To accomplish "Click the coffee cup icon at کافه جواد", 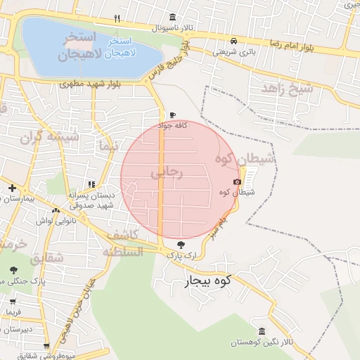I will (x=173, y=115).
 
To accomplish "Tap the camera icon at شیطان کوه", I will (x=236, y=182).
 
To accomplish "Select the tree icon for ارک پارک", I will (x=182, y=245).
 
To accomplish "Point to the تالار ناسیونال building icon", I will (x=173, y=18).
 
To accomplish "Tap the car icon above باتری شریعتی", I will (x=233, y=41).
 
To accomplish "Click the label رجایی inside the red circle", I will (x=166, y=172).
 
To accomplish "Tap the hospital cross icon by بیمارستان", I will (x=12, y=188).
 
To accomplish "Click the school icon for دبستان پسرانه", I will (x=92, y=184).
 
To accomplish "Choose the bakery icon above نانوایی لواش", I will (x=56, y=210).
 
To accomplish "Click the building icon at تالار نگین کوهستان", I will (x=262, y=331).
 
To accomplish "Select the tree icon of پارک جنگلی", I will (x=13, y=269).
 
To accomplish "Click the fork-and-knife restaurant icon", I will (x=117, y=18).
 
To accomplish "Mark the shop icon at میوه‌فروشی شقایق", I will (x=46, y=347).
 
